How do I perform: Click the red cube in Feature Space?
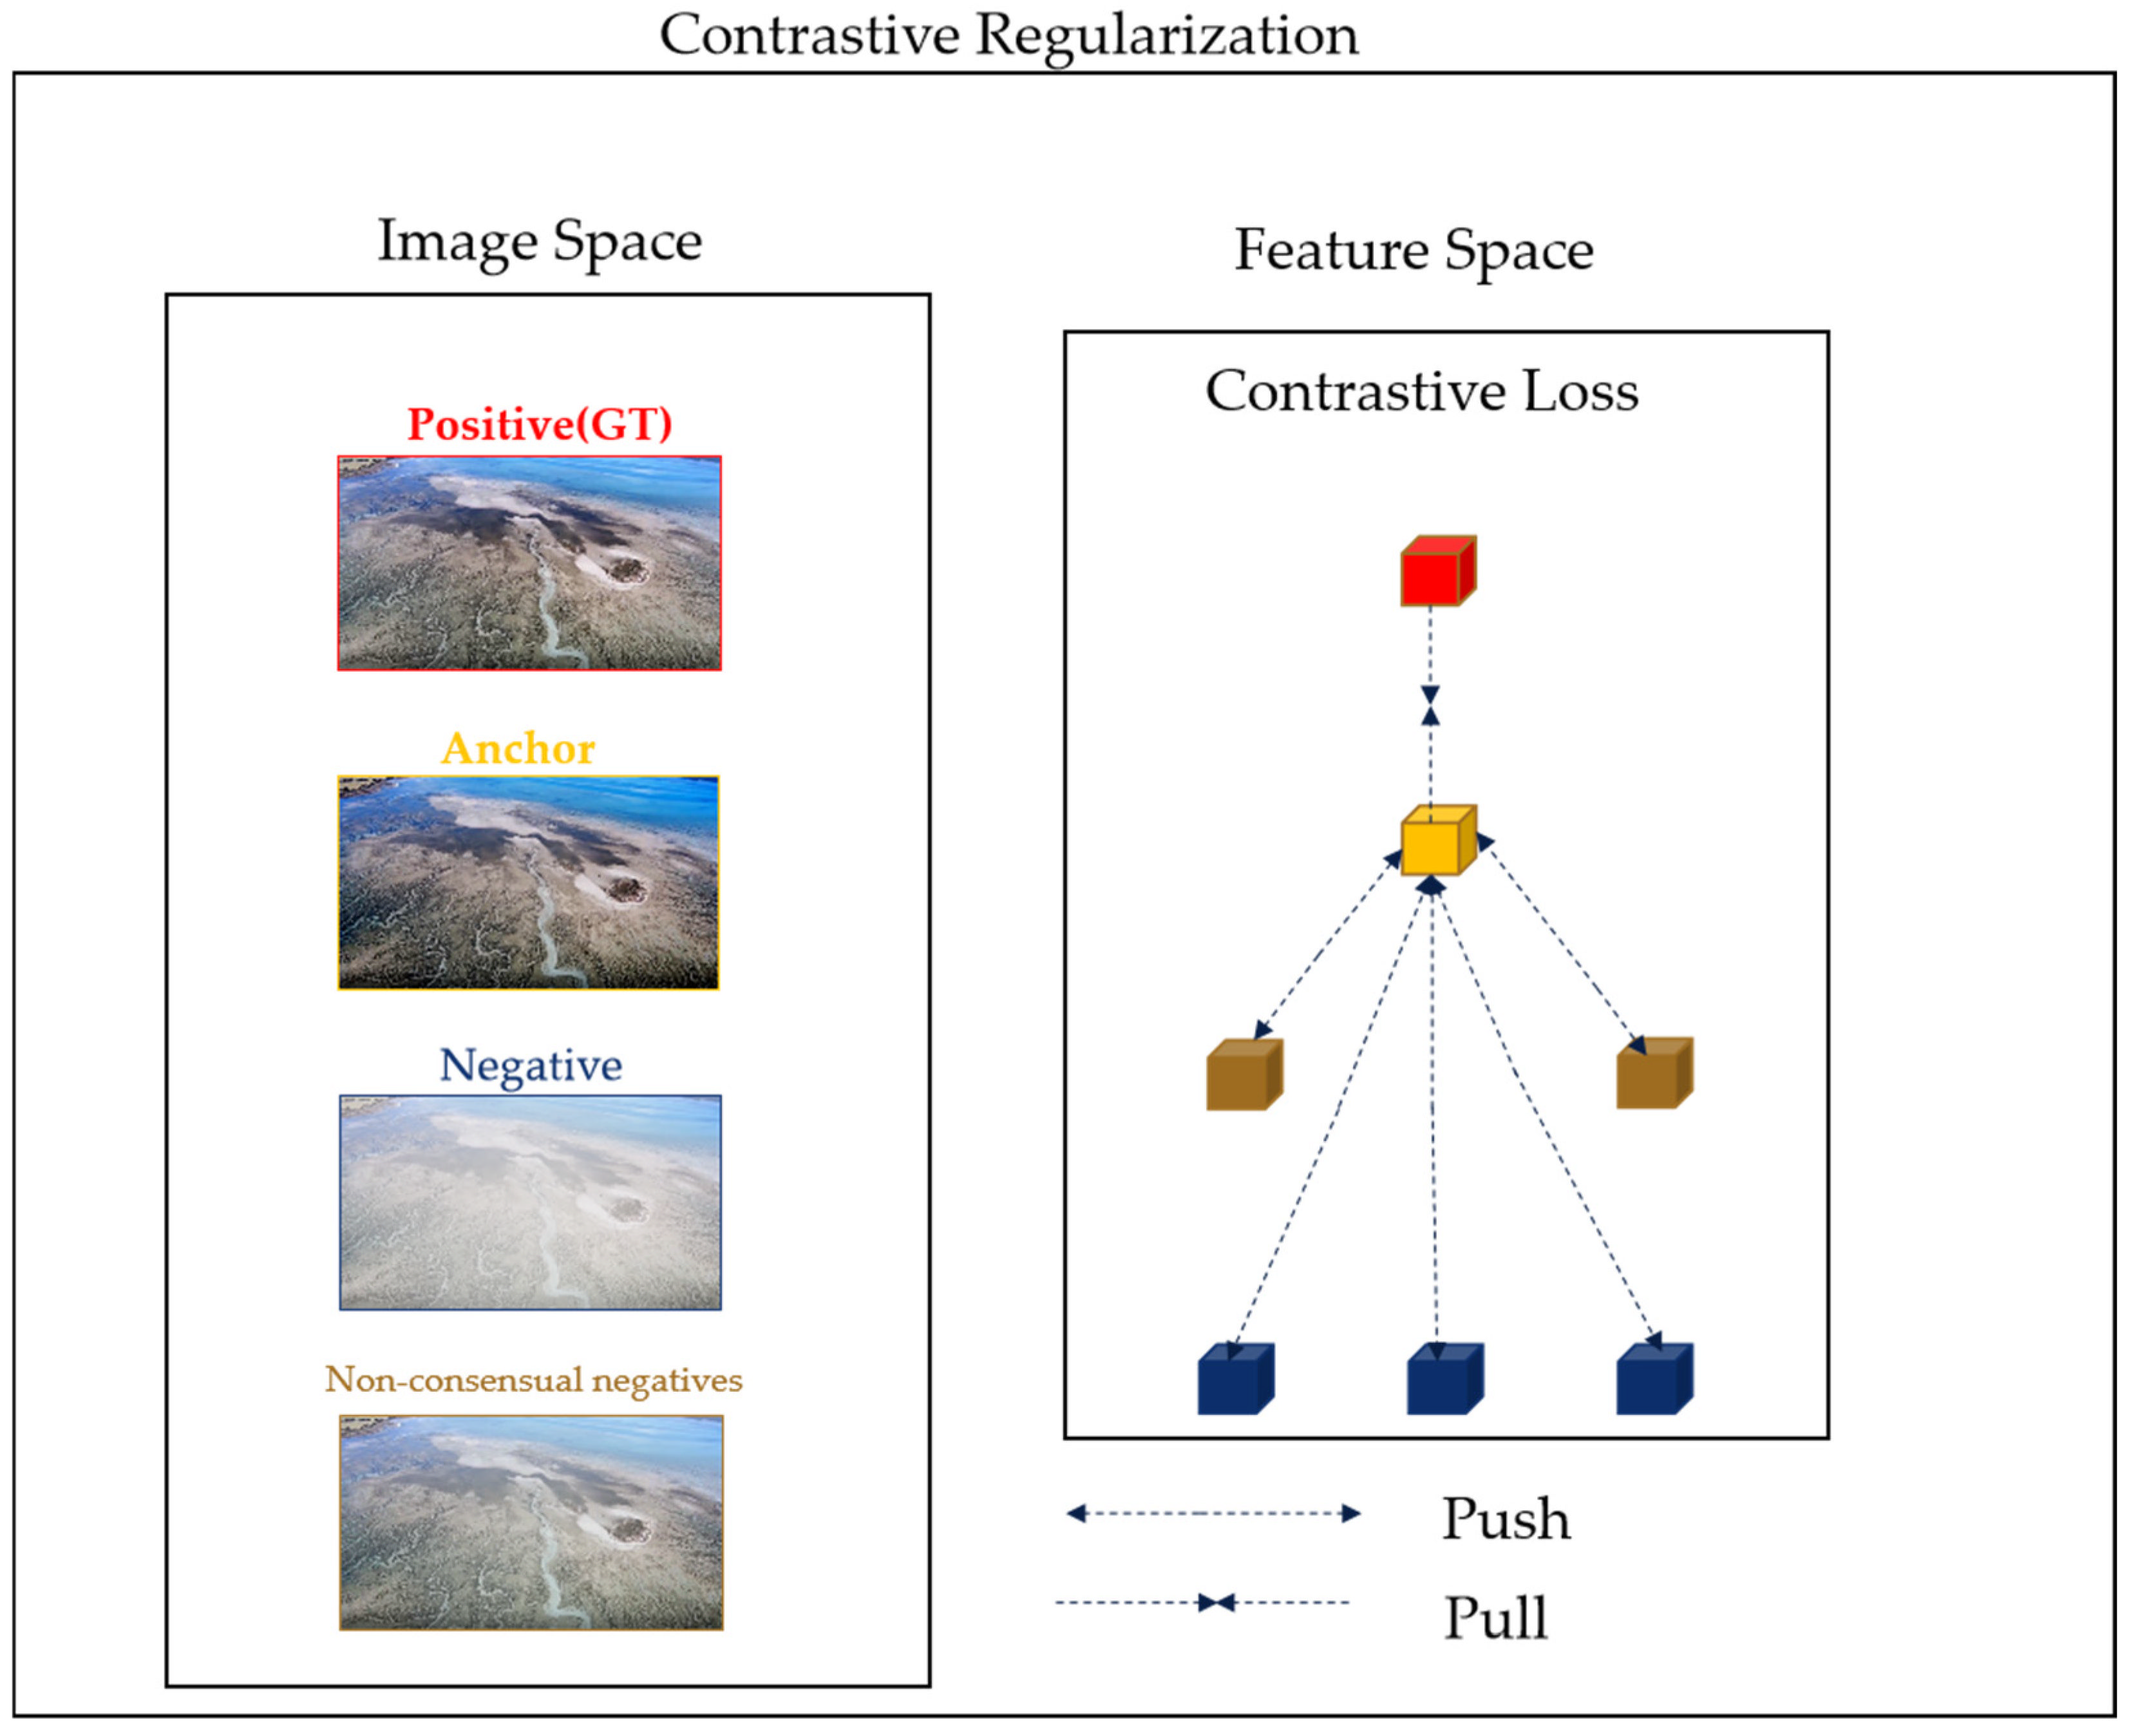tap(1437, 572)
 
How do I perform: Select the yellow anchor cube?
tap(1437, 840)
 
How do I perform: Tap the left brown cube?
tap(1244, 1075)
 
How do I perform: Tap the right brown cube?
tap(1654, 1074)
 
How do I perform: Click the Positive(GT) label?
tap(539, 424)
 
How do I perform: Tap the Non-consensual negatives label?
tap(533, 1379)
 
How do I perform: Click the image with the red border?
tap(529, 563)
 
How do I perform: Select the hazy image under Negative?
tap(530, 1203)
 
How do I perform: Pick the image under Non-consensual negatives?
tap(531, 1522)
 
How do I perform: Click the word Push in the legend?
tap(1505, 1520)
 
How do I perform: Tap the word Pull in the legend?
tap(1495, 1618)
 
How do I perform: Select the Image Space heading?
tap(539, 241)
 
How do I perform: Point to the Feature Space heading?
tap(1414, 250)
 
